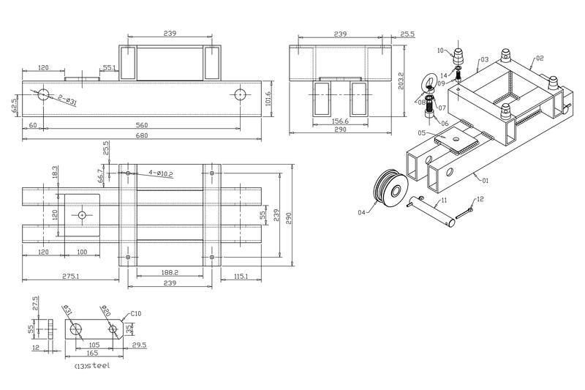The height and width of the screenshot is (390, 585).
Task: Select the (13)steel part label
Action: pos(92,365)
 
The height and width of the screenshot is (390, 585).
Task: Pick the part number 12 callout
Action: pos(480,200)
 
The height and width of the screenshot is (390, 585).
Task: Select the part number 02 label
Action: pos(540,57)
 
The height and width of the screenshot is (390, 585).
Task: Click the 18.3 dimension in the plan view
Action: pos(55,172)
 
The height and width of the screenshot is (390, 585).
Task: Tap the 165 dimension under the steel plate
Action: pos(92,353)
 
